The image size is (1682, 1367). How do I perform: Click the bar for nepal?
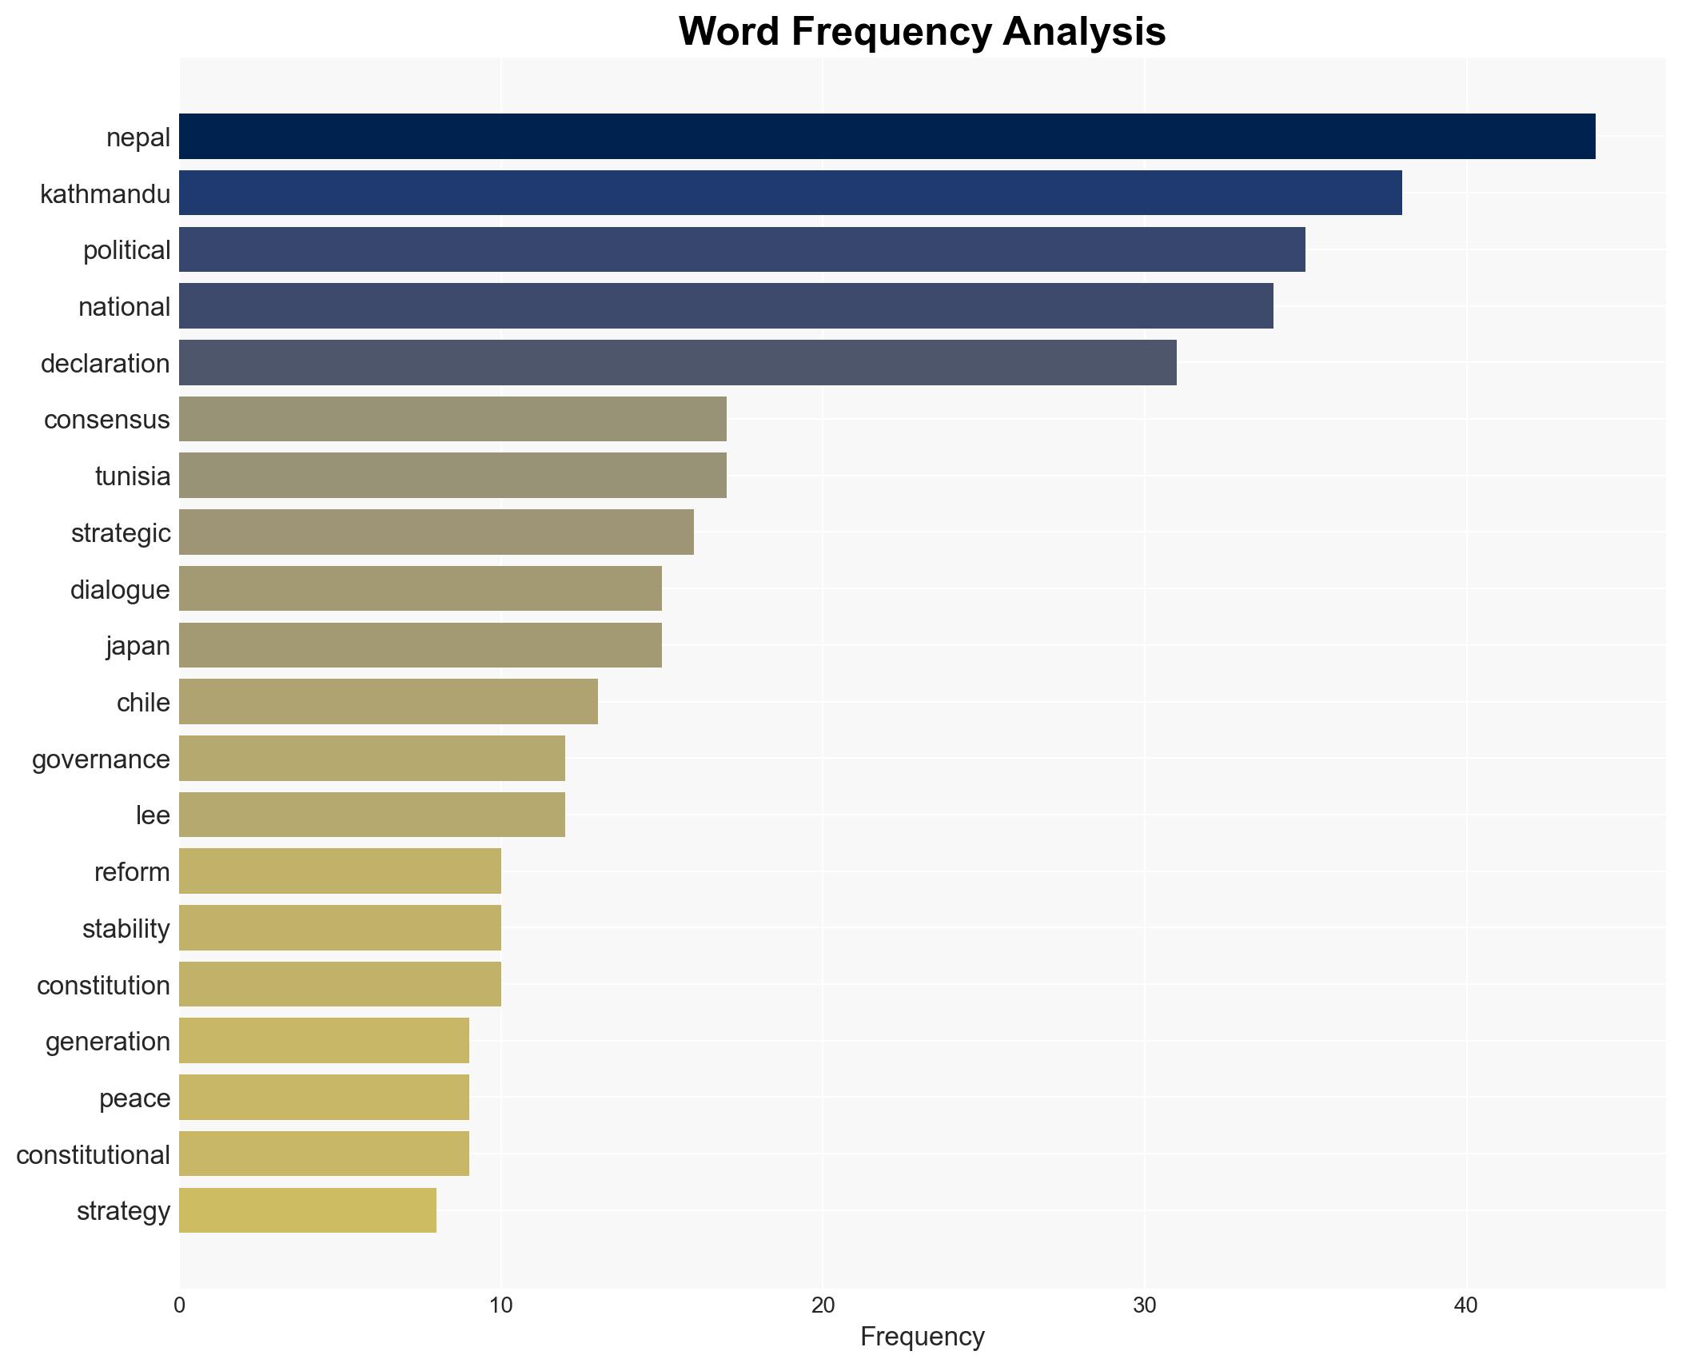point(887,137)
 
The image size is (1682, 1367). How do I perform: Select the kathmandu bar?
point(790,193)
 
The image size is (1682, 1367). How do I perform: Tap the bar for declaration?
point(677,363)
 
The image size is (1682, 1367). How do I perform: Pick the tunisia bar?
point(452,476)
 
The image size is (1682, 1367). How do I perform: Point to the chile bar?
point(388,702)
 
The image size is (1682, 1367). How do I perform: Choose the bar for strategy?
point(307,1210)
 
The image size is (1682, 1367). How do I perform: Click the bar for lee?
point(372,815)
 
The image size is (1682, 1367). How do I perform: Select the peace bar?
point(324,1098)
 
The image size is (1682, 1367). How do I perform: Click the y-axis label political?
point(126,250)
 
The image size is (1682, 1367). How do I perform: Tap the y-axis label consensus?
point(106,420)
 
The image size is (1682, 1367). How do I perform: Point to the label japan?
point(138,646)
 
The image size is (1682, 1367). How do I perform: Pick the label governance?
point(101,759)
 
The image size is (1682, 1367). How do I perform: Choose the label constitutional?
point(93,1155)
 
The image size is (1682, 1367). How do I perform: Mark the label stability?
point(126,929)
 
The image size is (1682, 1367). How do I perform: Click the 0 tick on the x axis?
point(179,1305)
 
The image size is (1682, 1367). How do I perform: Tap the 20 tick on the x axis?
point(823,1305)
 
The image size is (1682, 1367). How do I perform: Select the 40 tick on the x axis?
point(1466,1305)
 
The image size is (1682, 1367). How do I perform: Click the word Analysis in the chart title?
point(1084,32)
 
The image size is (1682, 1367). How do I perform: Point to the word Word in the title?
point(729,32)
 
